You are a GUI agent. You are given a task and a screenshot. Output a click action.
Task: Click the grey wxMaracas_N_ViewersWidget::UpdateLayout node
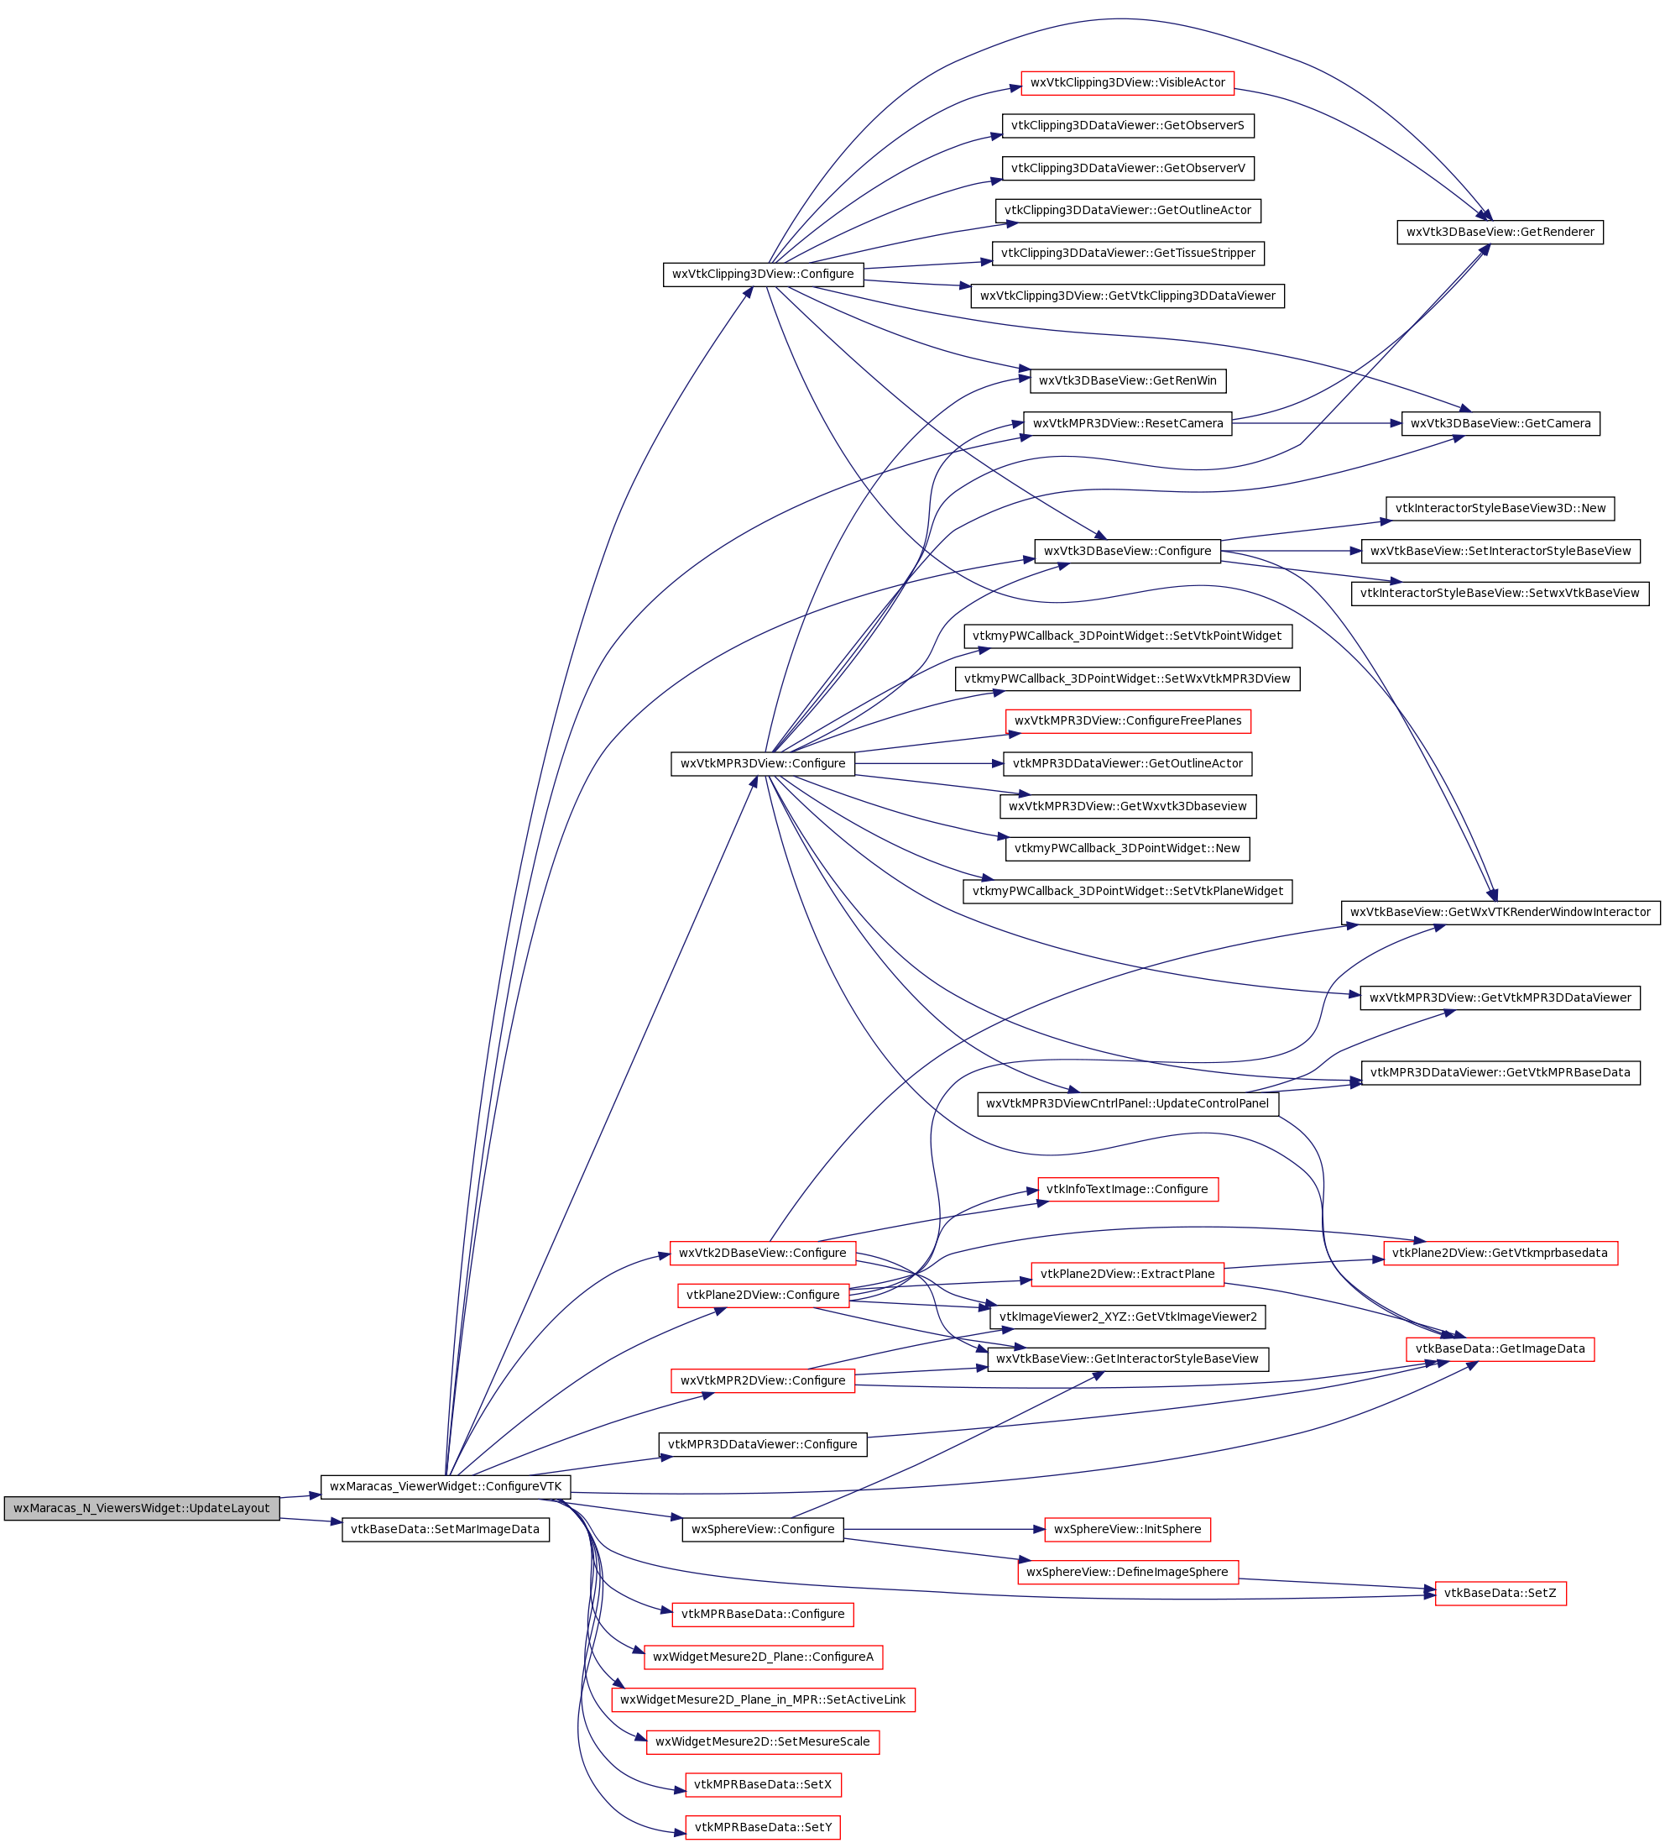pos(142,1509)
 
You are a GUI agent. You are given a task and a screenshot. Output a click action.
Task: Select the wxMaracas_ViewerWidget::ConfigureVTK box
pos(445,1486)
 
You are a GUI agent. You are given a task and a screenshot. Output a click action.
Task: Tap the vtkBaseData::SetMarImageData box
pos(445,1530)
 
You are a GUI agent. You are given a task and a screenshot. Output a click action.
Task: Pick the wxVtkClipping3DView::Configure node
pos(763,275)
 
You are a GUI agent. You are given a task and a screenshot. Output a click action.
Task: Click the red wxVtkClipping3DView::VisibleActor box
pos(1127,83)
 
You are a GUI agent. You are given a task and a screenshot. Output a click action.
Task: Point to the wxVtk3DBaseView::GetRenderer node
pos(1500,233)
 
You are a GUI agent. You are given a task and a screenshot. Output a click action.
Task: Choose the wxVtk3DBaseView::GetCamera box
pos(1501,423)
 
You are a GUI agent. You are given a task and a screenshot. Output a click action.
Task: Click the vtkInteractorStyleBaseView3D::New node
pos(1501,508)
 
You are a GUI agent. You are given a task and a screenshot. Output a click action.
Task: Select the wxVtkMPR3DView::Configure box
pos(763,764)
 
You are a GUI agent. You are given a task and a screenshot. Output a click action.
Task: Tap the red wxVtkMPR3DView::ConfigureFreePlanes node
pos(1128,721)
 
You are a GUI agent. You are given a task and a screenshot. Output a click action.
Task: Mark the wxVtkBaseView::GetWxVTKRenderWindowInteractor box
pos(1501,913)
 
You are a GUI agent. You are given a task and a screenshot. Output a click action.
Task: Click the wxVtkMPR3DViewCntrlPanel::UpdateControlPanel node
pos(1128,1104)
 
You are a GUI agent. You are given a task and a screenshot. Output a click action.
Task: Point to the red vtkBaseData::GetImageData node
pos(1501,1349)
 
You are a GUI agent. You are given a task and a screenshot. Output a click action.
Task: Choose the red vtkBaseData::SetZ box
pos(1501,1594)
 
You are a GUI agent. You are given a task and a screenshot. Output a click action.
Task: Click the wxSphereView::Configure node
pos(763,1530)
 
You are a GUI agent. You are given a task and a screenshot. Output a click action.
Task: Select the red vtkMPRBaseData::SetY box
pos(763,1827)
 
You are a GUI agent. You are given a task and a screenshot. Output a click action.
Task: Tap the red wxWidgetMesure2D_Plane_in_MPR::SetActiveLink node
pos(763,1700)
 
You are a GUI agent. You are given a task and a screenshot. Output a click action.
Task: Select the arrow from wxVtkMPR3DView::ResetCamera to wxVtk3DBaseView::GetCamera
pos(1316,423)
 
